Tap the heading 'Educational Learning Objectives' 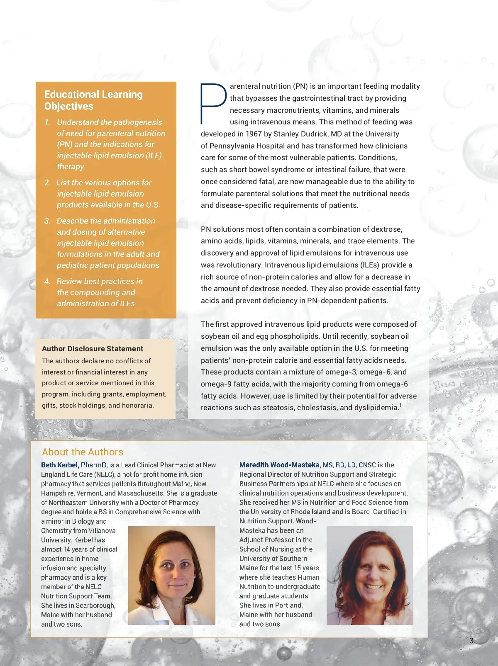pyautogui.click(x=93, y=100)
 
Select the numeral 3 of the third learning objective pyautogui.click(x=47, y=221)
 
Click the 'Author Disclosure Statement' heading pyautogui.click(x=93, y=349)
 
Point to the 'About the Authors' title pyautogui.click(x=83, y=452)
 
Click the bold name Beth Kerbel pyautogui.click(x=60, y=465)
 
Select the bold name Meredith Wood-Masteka pyautogui.click(x=279, y=465)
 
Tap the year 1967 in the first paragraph pyautogui.click(x=254, y=134)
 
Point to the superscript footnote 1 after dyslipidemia pyautogui.click(x=400, y=405)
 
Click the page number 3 pyautogui.click(x=471, y=641)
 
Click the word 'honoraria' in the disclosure pyautogui.click(x=137, y=405)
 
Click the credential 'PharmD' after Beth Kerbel pyautogui.click(x=94, y=465)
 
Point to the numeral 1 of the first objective pyautogui.click(x=47, y=122)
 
